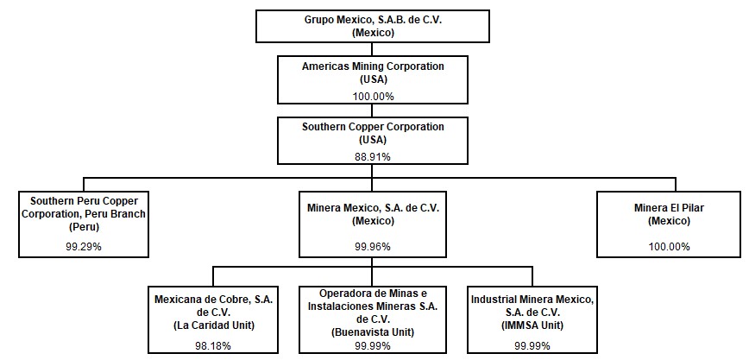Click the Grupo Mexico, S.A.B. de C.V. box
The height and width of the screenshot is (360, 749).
tap(373, 27)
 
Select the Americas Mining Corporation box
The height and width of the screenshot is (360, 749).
tap(373, 79)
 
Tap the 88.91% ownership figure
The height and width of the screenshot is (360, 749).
tap(373, 156)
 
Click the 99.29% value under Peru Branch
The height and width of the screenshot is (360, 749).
tap(84, 247)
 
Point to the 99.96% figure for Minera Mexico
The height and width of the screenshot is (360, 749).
tap(373, 247)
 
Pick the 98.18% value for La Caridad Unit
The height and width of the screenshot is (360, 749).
tap(213, 344)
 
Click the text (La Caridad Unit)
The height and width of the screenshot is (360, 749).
tap(213, 325)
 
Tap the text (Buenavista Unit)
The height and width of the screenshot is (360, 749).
tap(373, 332)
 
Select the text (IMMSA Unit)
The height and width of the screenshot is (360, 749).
tap(532, 325)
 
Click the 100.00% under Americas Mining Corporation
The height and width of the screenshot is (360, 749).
tap(373, 97)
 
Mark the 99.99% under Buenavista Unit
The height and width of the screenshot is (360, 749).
tap(373, 344)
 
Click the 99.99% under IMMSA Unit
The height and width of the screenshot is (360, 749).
tap(532, 344)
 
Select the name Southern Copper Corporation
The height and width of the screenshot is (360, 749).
tap(373, 127)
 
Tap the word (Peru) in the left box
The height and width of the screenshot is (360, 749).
tap(84, 228)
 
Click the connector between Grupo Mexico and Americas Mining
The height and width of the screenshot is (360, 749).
tap(373, 49)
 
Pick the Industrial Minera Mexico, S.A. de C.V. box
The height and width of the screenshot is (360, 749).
tap(532, 319)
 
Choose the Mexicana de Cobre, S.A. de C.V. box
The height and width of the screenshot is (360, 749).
tap(213, 319)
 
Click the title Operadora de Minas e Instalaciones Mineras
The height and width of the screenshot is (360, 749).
tap(373, 300)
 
